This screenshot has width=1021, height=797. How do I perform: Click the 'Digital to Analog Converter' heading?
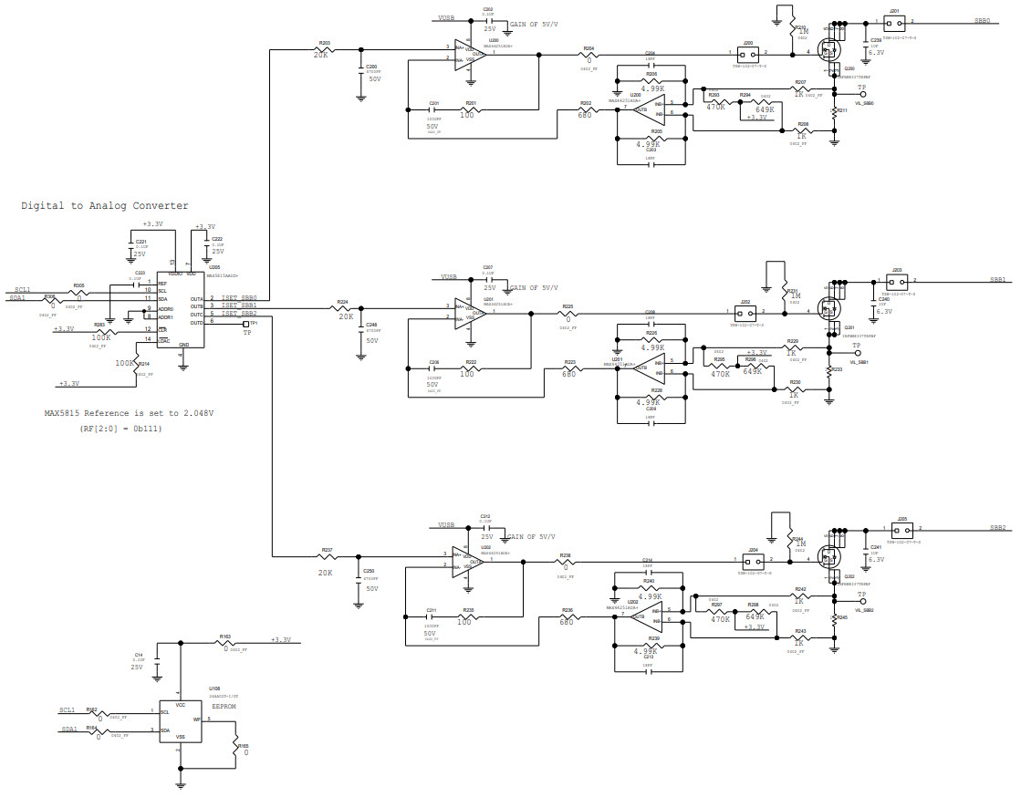tap(105, 206)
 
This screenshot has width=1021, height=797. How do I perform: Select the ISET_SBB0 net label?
tap(239, 297)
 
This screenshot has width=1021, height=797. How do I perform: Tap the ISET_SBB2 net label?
tap(239, 314)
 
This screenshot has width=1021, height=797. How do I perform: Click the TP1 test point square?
tap(245, 323)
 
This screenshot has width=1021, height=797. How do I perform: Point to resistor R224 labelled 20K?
tap(345, 309)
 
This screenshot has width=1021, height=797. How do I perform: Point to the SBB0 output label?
tap(982, 21)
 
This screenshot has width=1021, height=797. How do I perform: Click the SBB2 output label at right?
tap(997, 528)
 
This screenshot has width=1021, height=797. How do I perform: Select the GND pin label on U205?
tap(183, 345)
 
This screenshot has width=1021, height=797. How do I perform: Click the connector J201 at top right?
tap(895, 21)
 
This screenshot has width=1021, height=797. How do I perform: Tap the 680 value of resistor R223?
tap(568, 373)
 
